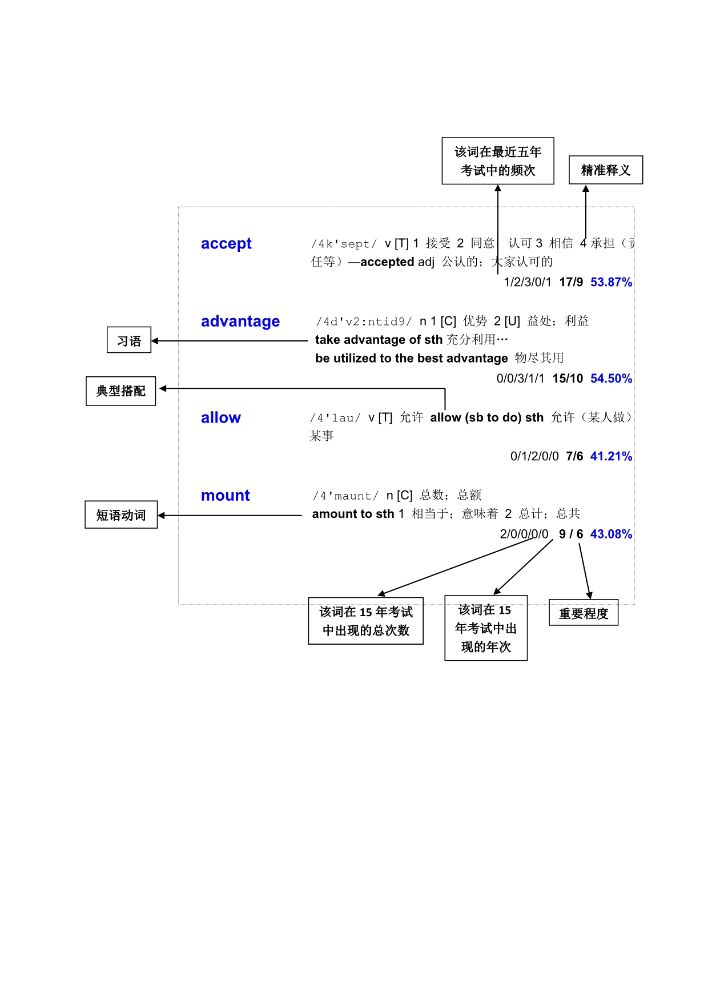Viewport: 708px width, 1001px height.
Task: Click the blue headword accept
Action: pyautogui.click(x=226, y=244)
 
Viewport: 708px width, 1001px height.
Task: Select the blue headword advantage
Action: pyautogui.click(x=240, y=321)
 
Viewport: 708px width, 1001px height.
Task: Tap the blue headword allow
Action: pyautogui.click(x=221, y=418)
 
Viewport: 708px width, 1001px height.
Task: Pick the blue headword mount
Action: pyautogui.click(x=226, y=496)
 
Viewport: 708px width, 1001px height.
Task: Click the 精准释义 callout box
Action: pyautogui.click(x=606, y=170)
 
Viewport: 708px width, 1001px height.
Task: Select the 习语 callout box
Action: pyautogui.click(x=129, y=341)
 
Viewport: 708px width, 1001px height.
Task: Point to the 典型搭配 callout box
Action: pyautogui.click(x=121, y=391)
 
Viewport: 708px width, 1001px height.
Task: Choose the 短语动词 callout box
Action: pyautogui.click(x=121, y=515)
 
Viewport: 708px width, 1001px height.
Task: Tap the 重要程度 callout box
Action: pyautogui.click(x=584, y=613)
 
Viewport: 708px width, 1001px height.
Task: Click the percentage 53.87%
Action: pyautogui.click(x=611, y=282)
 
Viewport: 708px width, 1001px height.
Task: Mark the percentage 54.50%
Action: pyautogui.click(x=611, y=379)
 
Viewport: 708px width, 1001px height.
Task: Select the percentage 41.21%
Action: pyautogui.click(x=611, y=456)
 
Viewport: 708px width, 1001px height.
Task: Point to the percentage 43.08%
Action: pyautogui.click(x=611, y=534)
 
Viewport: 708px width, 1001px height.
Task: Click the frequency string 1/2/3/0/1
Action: pyautogui.click(x=528, y=282)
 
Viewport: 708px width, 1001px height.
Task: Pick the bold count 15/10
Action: pyautogui.click(x=568, y=379)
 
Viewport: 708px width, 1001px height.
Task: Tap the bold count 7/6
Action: pyautogui.click(x=574, y=456)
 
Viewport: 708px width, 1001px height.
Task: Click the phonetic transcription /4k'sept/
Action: pyautogui.click(x=344, y=244)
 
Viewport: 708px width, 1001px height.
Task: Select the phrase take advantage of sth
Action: pyautogui.click(x=379, y=340)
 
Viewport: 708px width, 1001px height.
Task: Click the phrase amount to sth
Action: pyautogui.click(x=353, y=514)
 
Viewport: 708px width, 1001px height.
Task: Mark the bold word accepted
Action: pyautogui.click(x=387, y=262)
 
